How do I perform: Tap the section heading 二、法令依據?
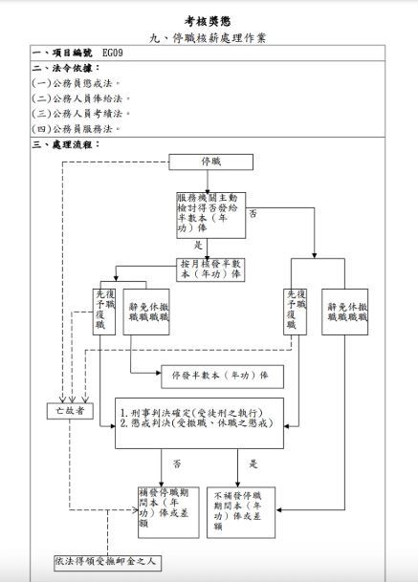pyautogui.click(x=65, y=68)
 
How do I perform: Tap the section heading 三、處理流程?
pyautogui.click(x=65, y=143)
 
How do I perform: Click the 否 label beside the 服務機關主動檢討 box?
pyautogui.click(x=253, y=212)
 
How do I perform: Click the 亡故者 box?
pyautogui.click(x=67, y=411)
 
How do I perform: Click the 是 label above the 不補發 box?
pyautogui.click(x=254, y=463)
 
